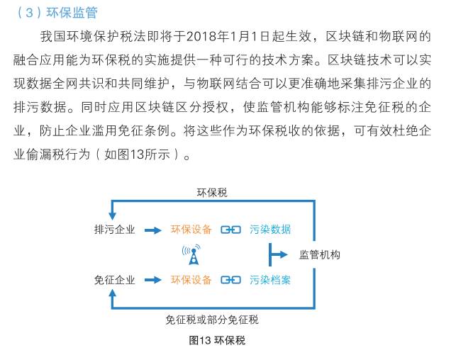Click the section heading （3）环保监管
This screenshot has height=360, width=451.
click(57, 13)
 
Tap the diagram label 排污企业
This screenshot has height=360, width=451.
click(114, 230)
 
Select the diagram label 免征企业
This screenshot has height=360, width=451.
click(114, 280)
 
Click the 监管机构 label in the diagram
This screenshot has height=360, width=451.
click(320, 254)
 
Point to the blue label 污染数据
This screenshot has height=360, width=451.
click(270, 230)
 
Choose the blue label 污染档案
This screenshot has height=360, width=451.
click(270, 280)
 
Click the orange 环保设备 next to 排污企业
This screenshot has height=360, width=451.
click(191, 230)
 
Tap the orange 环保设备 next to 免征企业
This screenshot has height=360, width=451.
click(191, 280)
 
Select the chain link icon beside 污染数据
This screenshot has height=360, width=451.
click(230, 230)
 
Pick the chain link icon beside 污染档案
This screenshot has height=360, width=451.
click(230, 280)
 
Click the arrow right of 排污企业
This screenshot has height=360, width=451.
click(152, 230)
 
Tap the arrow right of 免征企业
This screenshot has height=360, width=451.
click(152, 280)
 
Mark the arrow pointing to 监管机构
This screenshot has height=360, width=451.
click(278, 254)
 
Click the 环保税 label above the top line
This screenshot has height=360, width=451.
click(212, 193)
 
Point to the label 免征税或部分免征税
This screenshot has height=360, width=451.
click(212, 320)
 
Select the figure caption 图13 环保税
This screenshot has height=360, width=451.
click(217, 340)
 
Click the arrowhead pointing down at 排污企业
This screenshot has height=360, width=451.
click(112, 216)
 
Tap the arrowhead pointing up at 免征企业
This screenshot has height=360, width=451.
click(112, 293)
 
